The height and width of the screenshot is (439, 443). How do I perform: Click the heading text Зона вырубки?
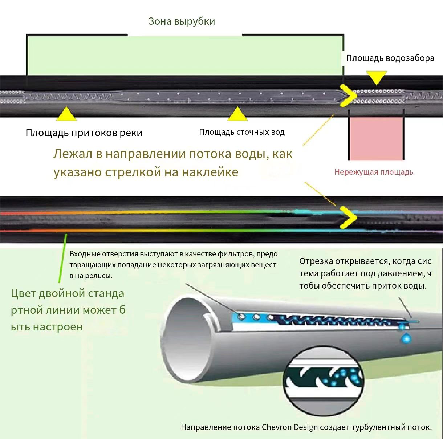182,21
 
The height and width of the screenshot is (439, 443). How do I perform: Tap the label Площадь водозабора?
390,58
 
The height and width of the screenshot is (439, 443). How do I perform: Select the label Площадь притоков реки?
84,133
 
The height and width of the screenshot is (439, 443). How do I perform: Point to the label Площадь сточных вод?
242,132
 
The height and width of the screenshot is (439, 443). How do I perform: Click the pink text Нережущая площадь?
374,172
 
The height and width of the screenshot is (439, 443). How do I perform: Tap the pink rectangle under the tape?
376,139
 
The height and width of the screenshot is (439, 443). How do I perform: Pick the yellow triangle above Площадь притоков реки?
66,114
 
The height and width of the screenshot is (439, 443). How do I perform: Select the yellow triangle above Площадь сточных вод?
237,114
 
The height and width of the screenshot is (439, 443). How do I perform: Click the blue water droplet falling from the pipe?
406,338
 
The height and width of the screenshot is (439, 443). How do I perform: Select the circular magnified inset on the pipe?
324,381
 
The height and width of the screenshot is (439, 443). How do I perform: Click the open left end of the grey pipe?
187,341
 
